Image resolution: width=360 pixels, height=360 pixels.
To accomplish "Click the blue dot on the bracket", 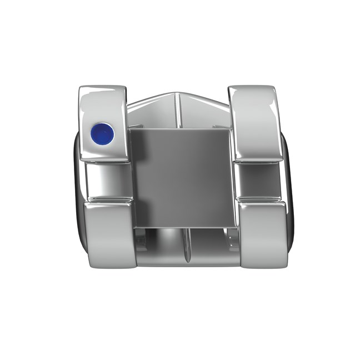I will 103,133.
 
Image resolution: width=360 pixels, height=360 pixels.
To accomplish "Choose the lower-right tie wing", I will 261,233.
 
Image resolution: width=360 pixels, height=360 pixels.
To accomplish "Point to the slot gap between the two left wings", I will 108,181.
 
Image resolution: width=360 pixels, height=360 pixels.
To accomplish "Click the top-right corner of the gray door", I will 230,129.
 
